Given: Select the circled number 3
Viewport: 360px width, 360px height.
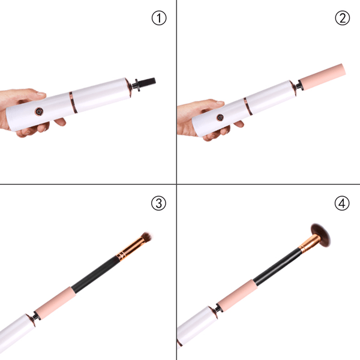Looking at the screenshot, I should [x=158, y=203].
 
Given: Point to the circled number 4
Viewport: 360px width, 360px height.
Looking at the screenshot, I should [x=342, y=203].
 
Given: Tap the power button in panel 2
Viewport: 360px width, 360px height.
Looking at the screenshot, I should [x=220, y=117].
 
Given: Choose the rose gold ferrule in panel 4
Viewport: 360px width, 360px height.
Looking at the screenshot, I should [x=309, y=244].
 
